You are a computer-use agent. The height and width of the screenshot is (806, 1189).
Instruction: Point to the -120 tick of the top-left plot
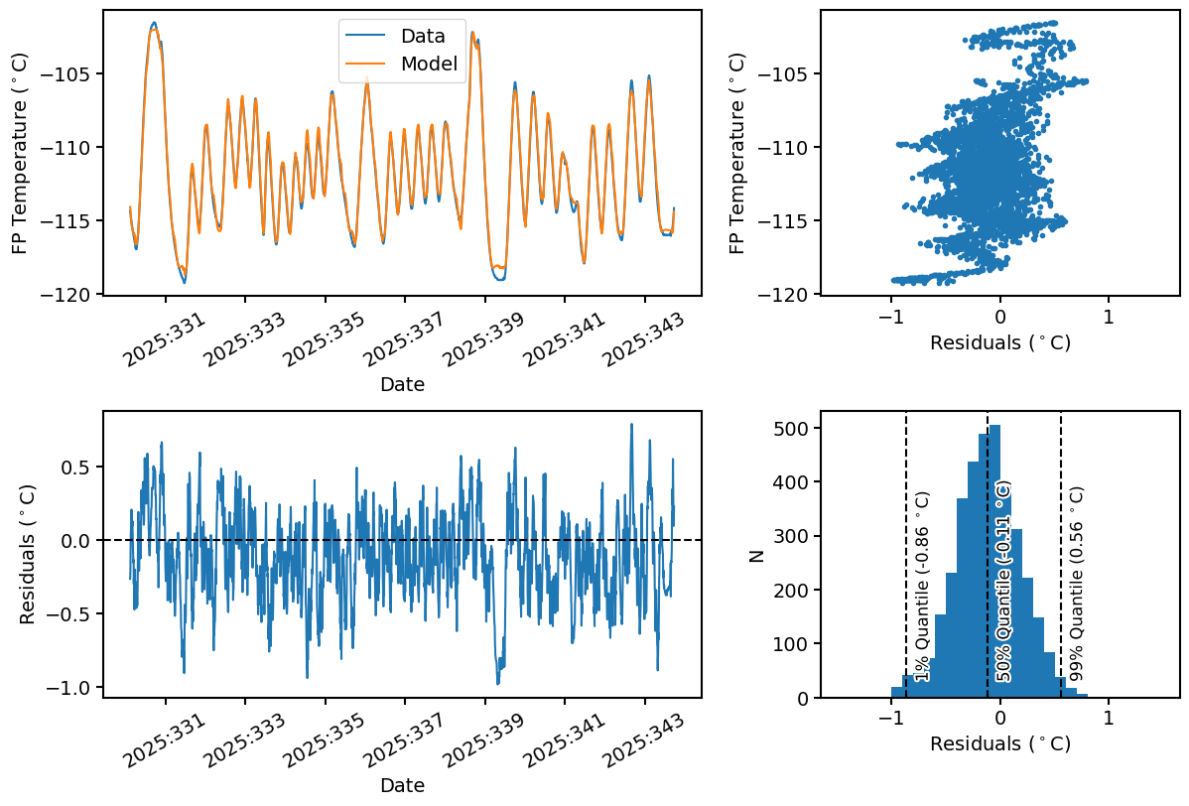point(71,295)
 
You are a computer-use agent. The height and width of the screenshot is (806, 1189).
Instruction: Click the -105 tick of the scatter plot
point(789,74)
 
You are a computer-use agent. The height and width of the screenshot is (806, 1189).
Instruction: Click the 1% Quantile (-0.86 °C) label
point(923,586)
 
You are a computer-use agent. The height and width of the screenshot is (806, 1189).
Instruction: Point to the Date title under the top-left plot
point(402,384)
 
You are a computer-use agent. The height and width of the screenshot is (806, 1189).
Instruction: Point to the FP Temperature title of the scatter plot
point(737,152)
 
